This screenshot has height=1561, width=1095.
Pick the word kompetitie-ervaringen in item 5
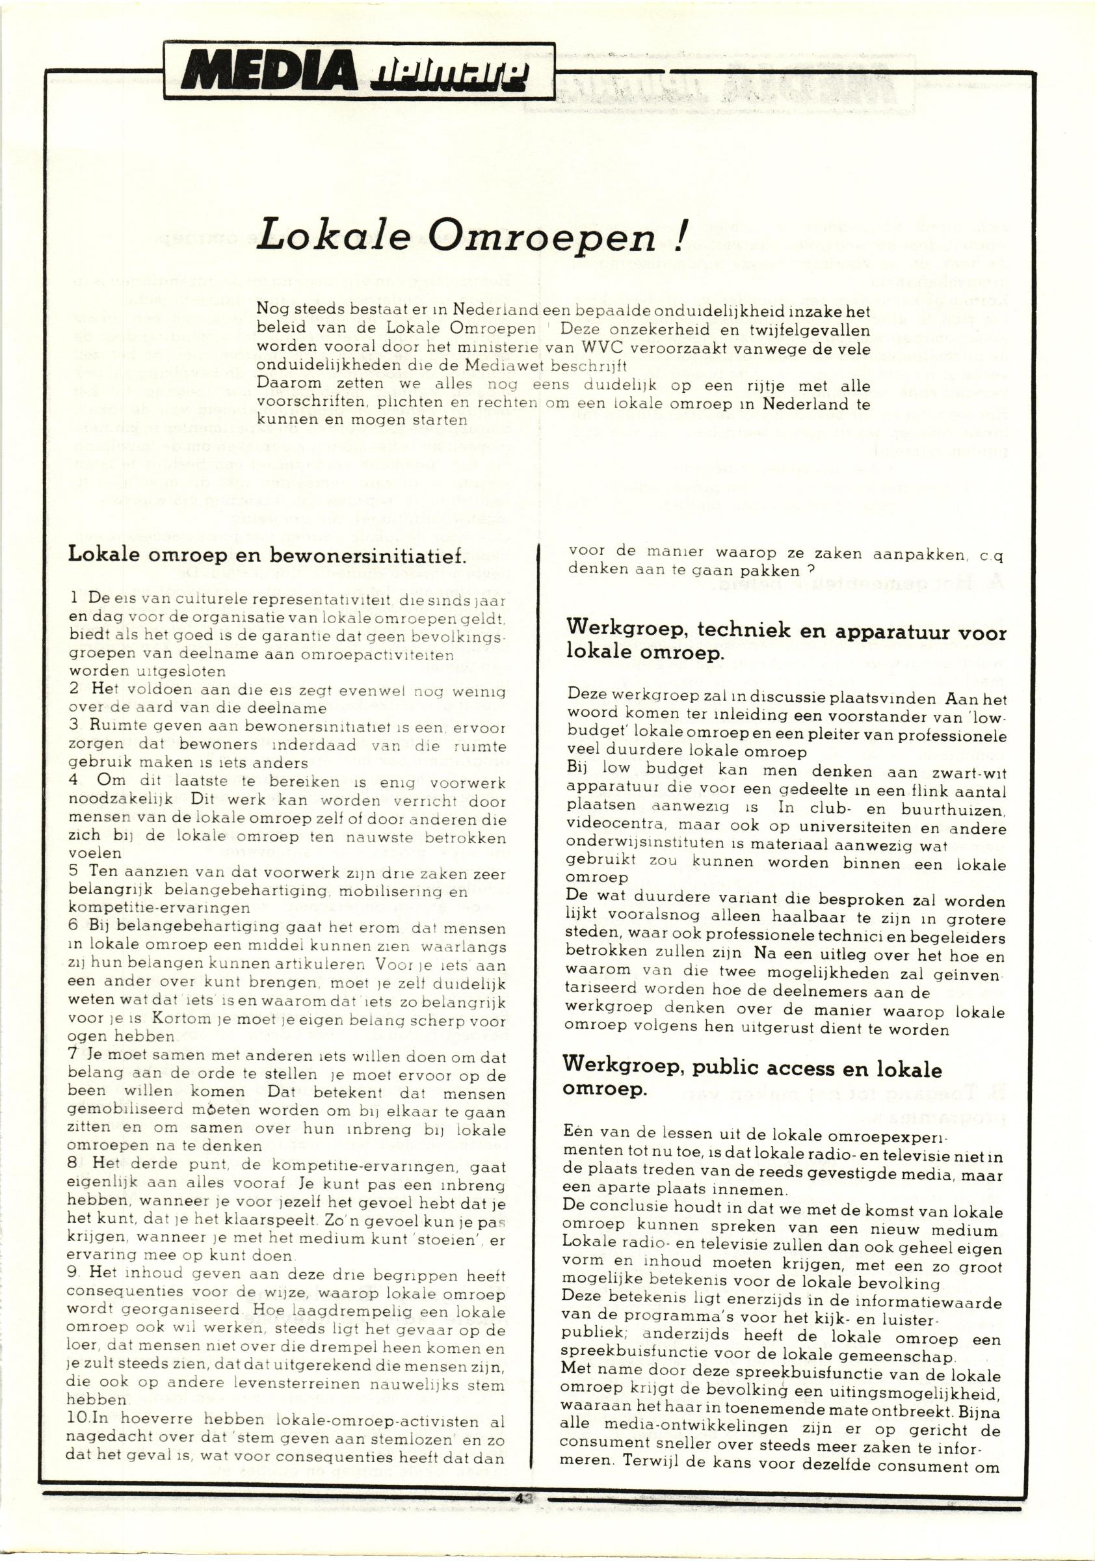[x=160, y=907]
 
